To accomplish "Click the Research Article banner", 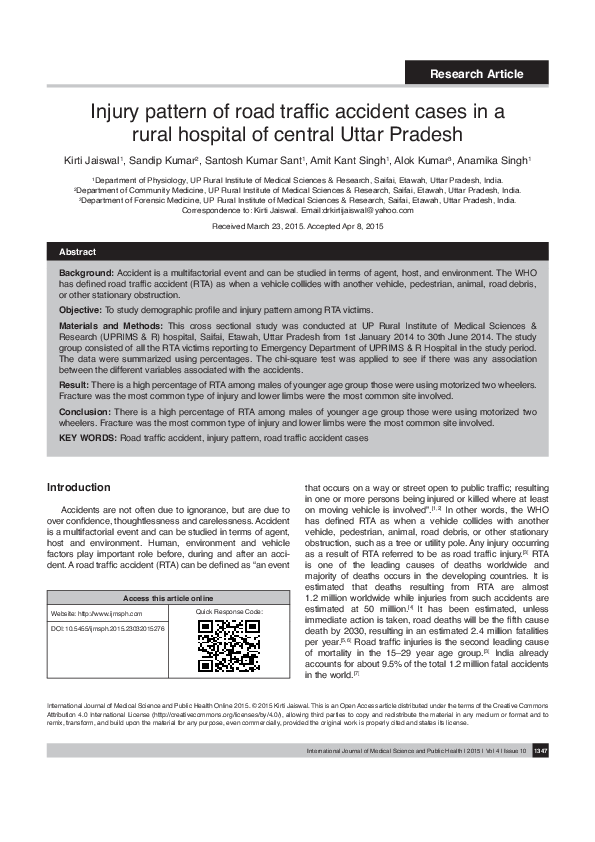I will [x=476, y=74].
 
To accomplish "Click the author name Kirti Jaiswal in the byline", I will [x=92, y=160].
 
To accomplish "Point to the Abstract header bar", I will [x=298, y=251].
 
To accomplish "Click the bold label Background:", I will [x=86, y=272].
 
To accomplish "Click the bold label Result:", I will [x=74, y=384].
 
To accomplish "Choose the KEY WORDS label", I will [x=88, y=438].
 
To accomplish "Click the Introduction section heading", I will [x=79, y=487].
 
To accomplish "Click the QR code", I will [x=230, y=646].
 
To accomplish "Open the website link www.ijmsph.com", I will [x=110, y=612].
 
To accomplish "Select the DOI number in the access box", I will [x=107, y=628].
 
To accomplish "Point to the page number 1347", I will [x=540, y=778].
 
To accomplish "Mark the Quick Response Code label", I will [x=230, y=611].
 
